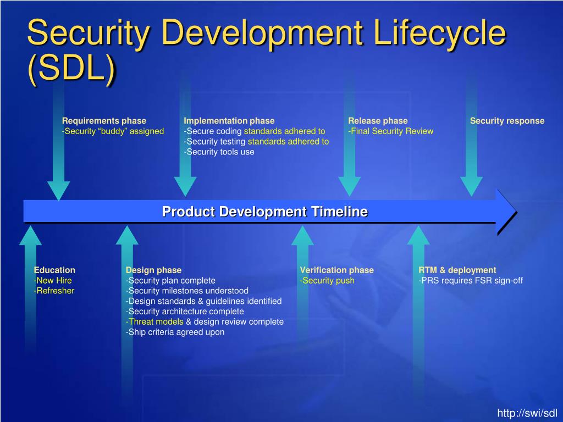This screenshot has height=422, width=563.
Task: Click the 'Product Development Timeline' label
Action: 264,212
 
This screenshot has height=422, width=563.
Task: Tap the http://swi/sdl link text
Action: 527,413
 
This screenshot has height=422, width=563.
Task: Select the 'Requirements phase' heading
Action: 104,121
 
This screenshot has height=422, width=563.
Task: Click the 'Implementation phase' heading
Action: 229,121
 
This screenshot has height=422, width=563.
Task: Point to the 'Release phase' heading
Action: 378,121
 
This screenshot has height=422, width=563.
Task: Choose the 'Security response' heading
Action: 507,121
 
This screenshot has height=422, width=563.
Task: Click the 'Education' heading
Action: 54,270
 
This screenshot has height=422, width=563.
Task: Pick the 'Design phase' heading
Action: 153,270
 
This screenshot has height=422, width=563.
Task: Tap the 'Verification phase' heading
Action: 336,270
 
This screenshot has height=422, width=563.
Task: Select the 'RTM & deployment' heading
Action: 457,270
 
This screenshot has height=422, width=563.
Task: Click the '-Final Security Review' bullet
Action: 390,131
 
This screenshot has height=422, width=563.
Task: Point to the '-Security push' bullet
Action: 327,280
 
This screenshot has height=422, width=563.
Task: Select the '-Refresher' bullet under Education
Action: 54,291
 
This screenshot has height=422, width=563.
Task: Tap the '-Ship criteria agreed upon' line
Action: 175,332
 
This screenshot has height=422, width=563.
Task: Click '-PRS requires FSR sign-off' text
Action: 470,280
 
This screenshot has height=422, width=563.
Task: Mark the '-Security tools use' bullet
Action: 219,152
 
